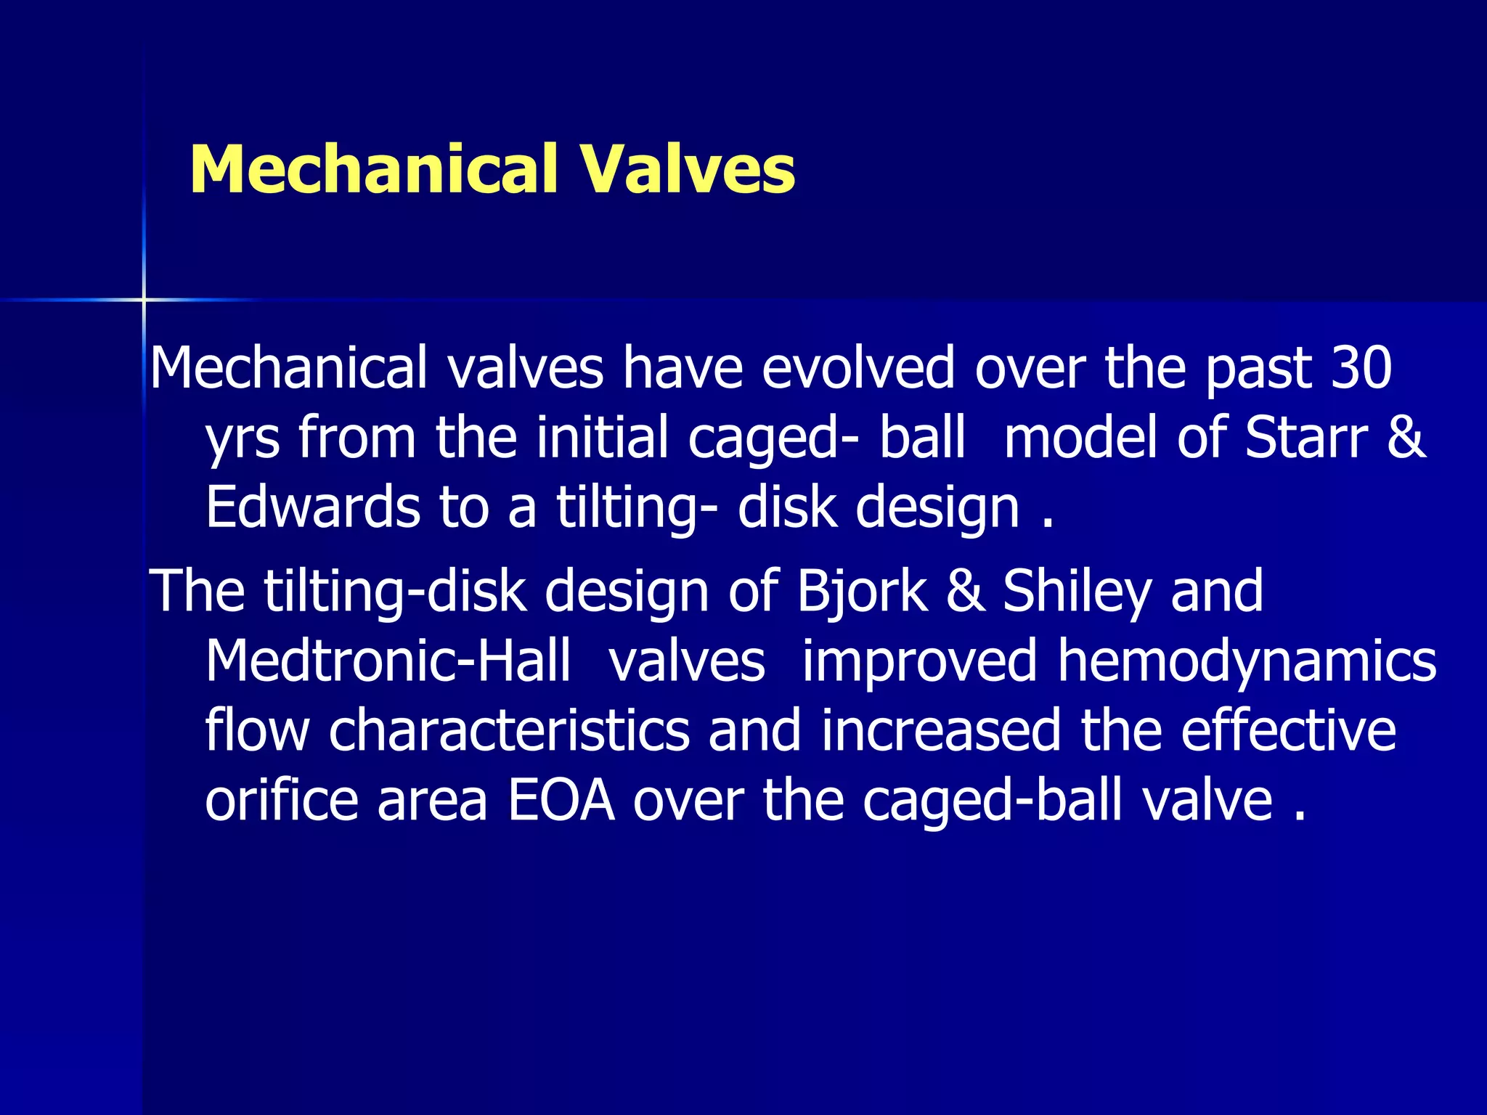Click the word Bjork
point(862,591)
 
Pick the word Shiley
point(1077,591)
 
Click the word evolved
point(857,367)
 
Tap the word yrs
point(243,440)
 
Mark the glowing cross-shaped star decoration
point(144,299)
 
